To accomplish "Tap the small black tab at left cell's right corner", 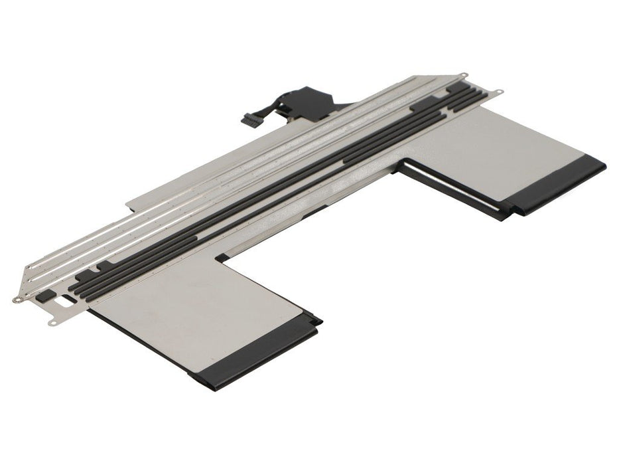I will [318, 322].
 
